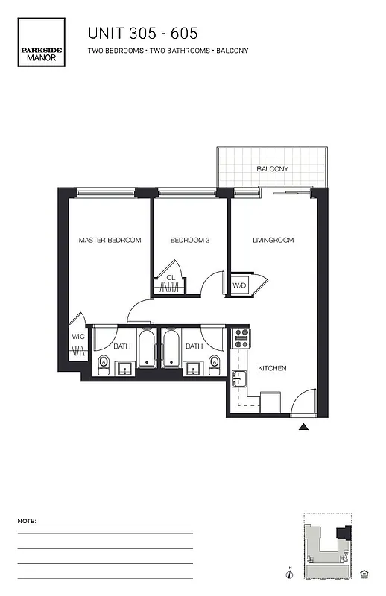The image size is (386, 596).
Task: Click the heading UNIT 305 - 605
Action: click(143, 33)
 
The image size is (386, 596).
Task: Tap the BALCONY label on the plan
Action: click(272, 169)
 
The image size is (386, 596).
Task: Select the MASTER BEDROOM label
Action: click(110, 240)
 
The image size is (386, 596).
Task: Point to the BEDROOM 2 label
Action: click(190, 240)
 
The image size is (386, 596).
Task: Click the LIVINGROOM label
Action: click(273, 240)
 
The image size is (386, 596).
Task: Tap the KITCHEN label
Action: click(272, 368)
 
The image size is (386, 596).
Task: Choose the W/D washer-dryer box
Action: click(240, 285)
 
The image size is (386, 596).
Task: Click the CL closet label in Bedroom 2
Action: click(171, 278)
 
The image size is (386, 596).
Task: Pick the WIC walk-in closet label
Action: click(78, 337)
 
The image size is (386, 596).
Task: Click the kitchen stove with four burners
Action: click(241, 339)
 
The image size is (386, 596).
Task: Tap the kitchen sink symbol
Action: click(239, 379)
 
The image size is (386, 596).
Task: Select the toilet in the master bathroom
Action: click(104, 364)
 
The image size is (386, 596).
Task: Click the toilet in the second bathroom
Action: click(215, 364)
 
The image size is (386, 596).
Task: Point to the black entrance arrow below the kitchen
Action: click(303, 427)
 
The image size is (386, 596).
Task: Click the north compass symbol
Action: click(289, 573)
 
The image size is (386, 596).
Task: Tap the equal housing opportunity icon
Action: click(364, 573)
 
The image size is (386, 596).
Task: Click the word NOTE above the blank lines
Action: click(26, 521)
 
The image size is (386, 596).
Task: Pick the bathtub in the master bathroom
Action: click(146, 348)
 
